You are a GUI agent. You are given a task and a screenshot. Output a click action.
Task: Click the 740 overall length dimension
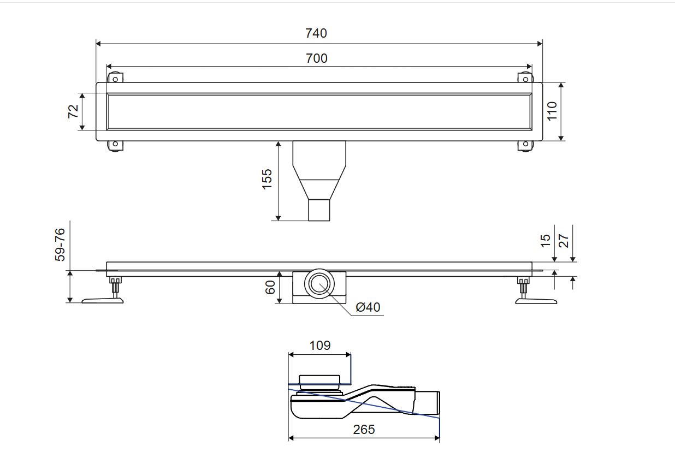316,33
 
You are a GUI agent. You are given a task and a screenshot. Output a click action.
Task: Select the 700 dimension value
316,58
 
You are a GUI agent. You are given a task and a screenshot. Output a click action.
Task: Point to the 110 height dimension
552,111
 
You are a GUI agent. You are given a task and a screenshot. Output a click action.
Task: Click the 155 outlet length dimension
267,179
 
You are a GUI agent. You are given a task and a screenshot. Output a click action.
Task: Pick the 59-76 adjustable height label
60,245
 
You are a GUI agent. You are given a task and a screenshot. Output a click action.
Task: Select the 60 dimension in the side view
270,288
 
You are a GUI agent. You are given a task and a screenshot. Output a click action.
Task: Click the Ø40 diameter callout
368,307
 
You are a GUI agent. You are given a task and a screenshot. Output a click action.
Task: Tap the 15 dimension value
546,240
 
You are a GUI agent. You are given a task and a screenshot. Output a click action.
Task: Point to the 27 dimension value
564,240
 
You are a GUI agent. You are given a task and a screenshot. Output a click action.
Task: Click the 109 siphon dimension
319,345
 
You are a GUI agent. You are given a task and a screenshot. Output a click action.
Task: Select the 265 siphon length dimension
364,430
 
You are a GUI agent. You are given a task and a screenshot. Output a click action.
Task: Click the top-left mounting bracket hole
115,79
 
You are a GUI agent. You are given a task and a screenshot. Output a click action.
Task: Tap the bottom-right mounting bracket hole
525,145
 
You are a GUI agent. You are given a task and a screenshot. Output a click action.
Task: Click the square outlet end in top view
319,210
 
